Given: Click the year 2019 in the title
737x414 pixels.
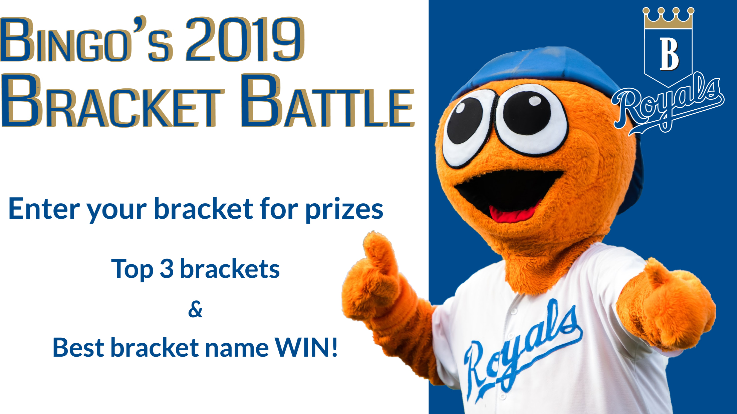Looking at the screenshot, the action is click(245, 39).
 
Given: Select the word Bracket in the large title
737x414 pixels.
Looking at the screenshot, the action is click(113, 101).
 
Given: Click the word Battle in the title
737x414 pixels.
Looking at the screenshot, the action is click(328, 101).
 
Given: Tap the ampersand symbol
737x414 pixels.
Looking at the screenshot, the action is click(195, 309).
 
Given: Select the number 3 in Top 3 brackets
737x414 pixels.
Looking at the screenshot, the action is click(167, 269).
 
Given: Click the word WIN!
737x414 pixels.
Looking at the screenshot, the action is click(306, 347).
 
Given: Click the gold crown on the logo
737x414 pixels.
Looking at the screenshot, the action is click(668, 18).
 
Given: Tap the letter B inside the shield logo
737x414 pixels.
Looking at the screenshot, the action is click(669, 54).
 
